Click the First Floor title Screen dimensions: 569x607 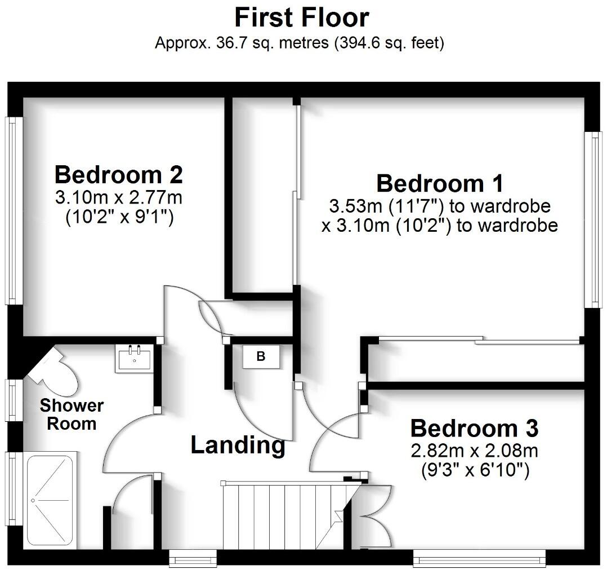pos(302,17)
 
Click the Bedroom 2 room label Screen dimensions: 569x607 pos(118,175)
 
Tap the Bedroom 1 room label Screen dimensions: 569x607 pos(440,184)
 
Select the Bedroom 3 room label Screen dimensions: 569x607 pos(474,429)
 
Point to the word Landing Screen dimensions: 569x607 pos(238,446)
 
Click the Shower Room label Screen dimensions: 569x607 pos(71,414)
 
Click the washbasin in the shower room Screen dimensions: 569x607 pos(134,359)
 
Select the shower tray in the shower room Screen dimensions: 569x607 pos(51,499)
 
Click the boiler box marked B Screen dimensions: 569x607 pos(261,357)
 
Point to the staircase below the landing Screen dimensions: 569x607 pos(282,516)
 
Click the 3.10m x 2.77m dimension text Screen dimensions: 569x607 pos(119,199)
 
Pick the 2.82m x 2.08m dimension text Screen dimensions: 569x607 pos(474,451)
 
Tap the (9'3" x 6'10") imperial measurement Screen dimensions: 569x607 pos(475,470)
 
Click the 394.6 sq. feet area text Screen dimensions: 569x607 pos(389,43)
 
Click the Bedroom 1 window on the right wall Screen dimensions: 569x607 pos(593,219)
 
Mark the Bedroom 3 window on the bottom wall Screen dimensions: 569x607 pos(479,559)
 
